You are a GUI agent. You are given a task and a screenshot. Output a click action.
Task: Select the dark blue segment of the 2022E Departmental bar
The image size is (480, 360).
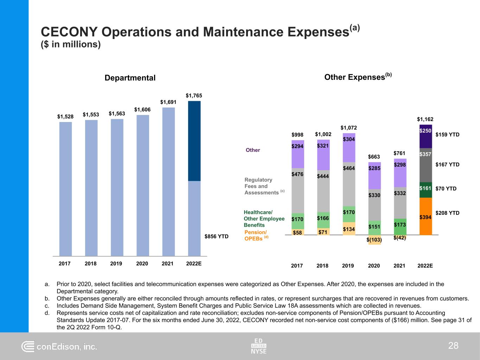coord(194,141)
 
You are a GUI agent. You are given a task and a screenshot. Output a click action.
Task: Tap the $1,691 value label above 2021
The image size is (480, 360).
coord(168,102)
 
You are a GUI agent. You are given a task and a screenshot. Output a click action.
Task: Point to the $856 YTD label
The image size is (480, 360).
coord(217,237)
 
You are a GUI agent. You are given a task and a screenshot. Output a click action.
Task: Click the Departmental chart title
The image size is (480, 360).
coord(130,78)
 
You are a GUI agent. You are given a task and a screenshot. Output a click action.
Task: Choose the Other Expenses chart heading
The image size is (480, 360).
coord(358,77)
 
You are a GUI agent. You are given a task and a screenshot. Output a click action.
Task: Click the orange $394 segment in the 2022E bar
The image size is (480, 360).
coord(425,216)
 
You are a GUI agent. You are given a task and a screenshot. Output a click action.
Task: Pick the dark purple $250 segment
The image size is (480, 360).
coord(425,136)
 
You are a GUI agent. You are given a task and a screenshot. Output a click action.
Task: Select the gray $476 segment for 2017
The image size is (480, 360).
coord(297,191)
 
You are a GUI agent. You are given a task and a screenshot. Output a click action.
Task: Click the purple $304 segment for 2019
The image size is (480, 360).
coord(349,148)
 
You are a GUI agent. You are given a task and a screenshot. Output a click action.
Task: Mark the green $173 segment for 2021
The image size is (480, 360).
coord(400,226)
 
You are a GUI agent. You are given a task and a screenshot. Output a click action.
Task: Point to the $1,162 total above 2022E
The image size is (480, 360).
coord(425,120)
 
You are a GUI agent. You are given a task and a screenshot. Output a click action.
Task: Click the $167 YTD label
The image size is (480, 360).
coord(447,165)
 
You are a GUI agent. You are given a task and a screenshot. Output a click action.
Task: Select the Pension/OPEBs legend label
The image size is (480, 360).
coord(256,235)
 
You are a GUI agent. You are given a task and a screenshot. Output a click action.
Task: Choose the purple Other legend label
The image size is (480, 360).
coord(252,150)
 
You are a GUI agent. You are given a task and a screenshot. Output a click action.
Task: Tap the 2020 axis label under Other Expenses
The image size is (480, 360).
coord(374,266)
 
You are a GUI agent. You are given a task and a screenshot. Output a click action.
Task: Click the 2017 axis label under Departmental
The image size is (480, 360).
coord(65,263)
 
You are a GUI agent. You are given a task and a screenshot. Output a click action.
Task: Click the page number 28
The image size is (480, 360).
coord(453,346)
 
